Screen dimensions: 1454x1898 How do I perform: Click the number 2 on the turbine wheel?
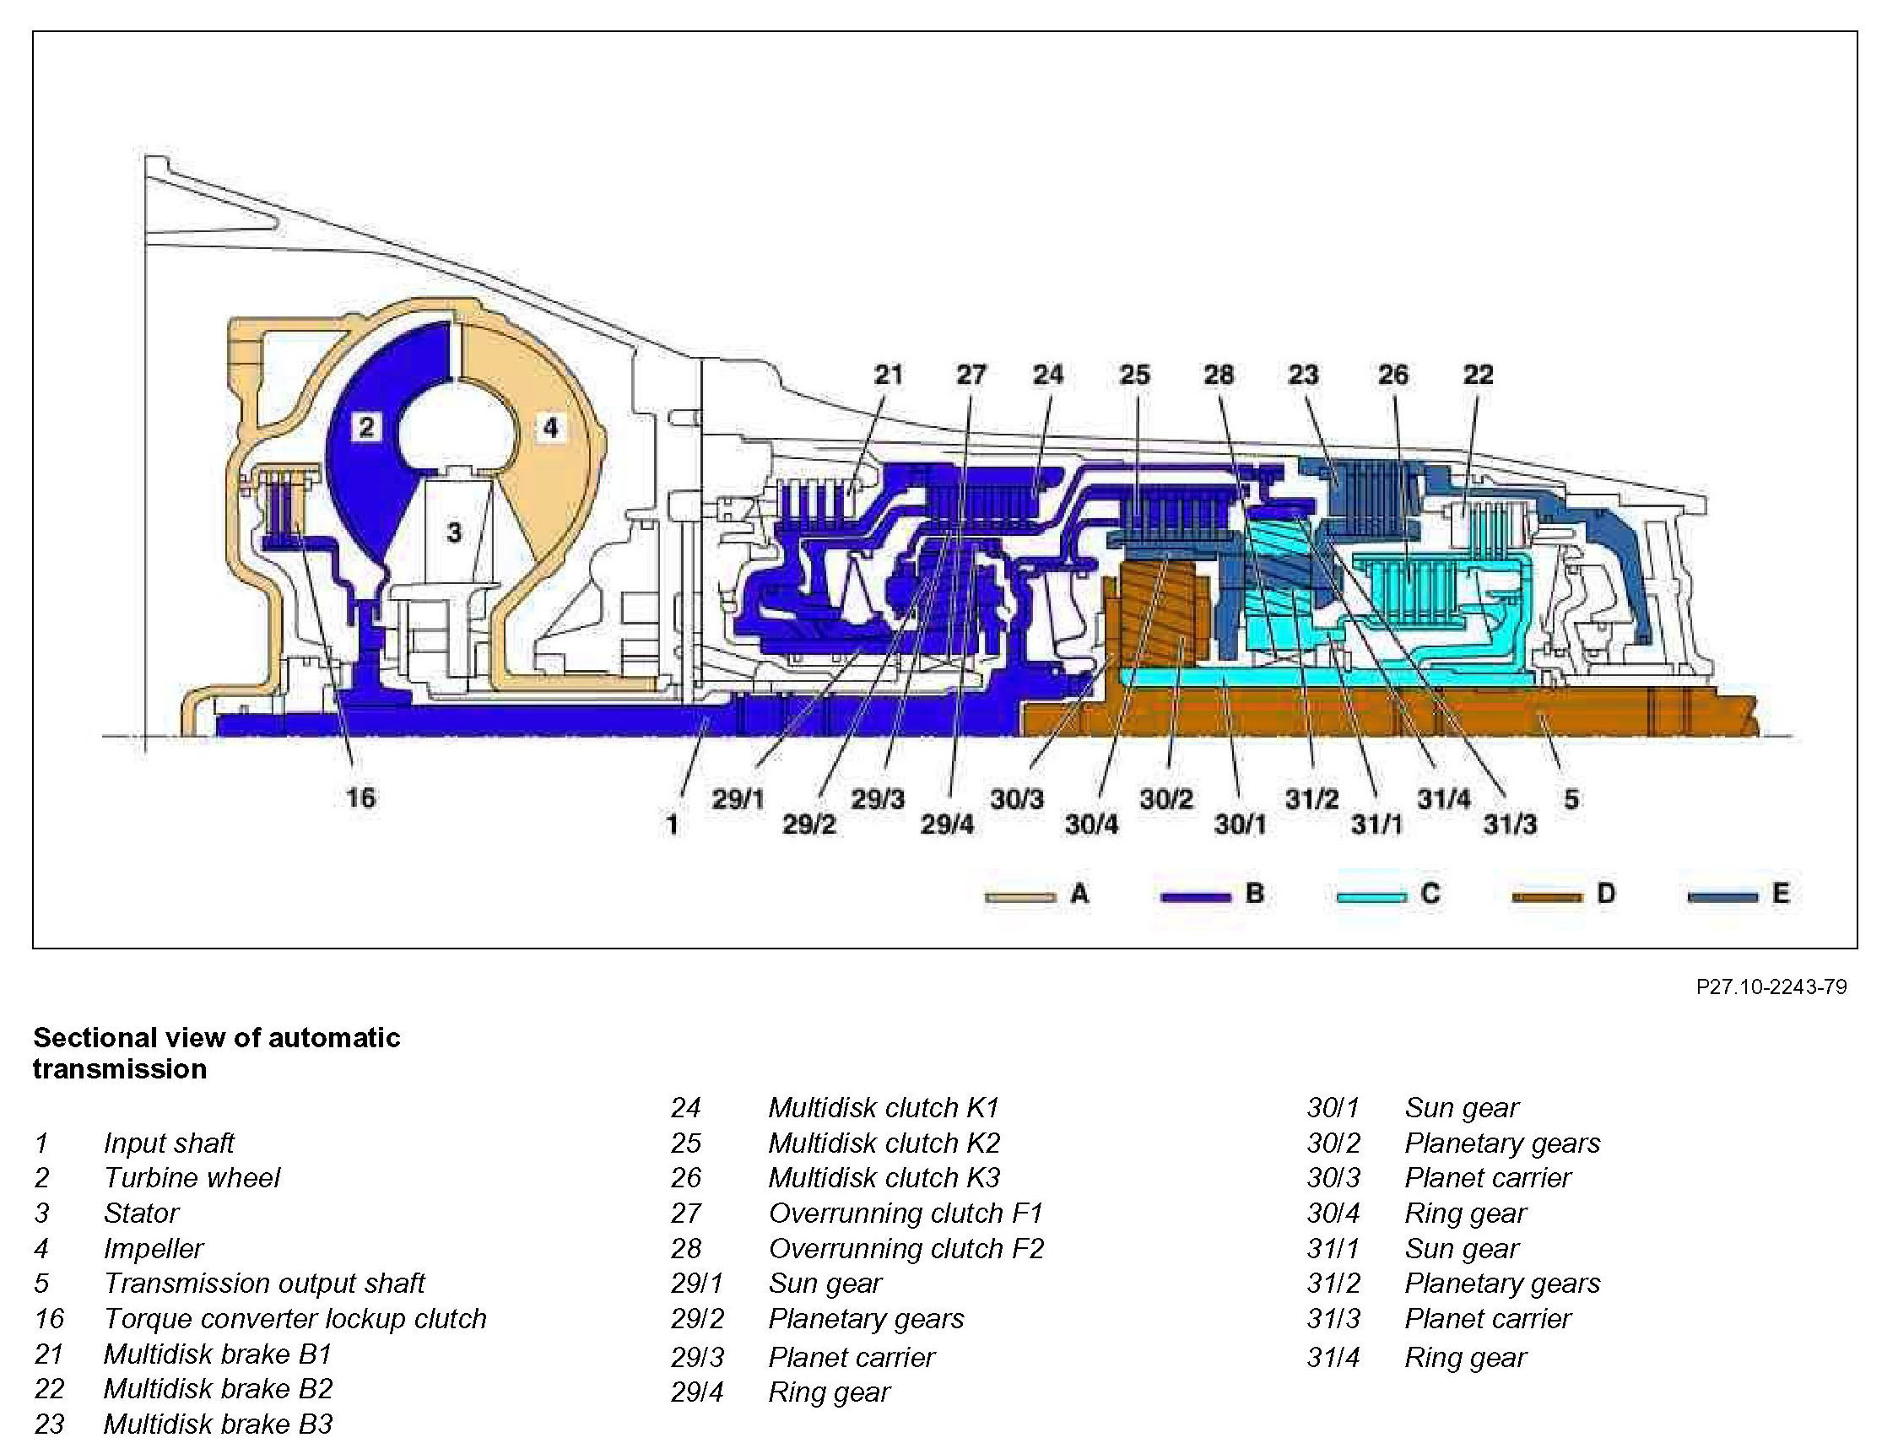[367, 427]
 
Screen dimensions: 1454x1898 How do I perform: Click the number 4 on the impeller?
[550, 427]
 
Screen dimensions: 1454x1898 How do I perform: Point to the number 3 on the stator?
[454, 532]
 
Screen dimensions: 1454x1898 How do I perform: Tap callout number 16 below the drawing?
[360, 797]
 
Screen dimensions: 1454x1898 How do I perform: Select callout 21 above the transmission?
[888, 375]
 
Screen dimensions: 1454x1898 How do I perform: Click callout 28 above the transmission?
[1219, 375]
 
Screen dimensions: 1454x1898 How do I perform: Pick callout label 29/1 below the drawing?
[738, 799]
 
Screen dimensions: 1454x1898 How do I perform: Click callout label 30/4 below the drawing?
[1091, 824]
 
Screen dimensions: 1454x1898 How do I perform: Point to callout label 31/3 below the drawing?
[1510, 824]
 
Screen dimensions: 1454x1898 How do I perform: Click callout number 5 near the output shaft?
[1571, 799]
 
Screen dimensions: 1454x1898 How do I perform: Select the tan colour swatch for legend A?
[1020, 897]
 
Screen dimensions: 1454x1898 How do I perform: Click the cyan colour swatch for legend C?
[1371, 897]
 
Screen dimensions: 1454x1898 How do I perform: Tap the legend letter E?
[1781, 893]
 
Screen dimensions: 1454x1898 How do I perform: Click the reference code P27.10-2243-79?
[1771, 986]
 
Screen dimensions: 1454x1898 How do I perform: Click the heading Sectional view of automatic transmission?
[216, 1052]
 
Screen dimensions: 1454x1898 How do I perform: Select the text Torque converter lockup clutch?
[295, 1318]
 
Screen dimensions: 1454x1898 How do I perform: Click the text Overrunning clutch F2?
[906, 1248]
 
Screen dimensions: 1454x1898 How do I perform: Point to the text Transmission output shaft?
[264, 1283]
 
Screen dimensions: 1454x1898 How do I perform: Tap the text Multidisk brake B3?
[218, 1424]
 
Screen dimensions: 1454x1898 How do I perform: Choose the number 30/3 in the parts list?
[1333, 1177]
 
